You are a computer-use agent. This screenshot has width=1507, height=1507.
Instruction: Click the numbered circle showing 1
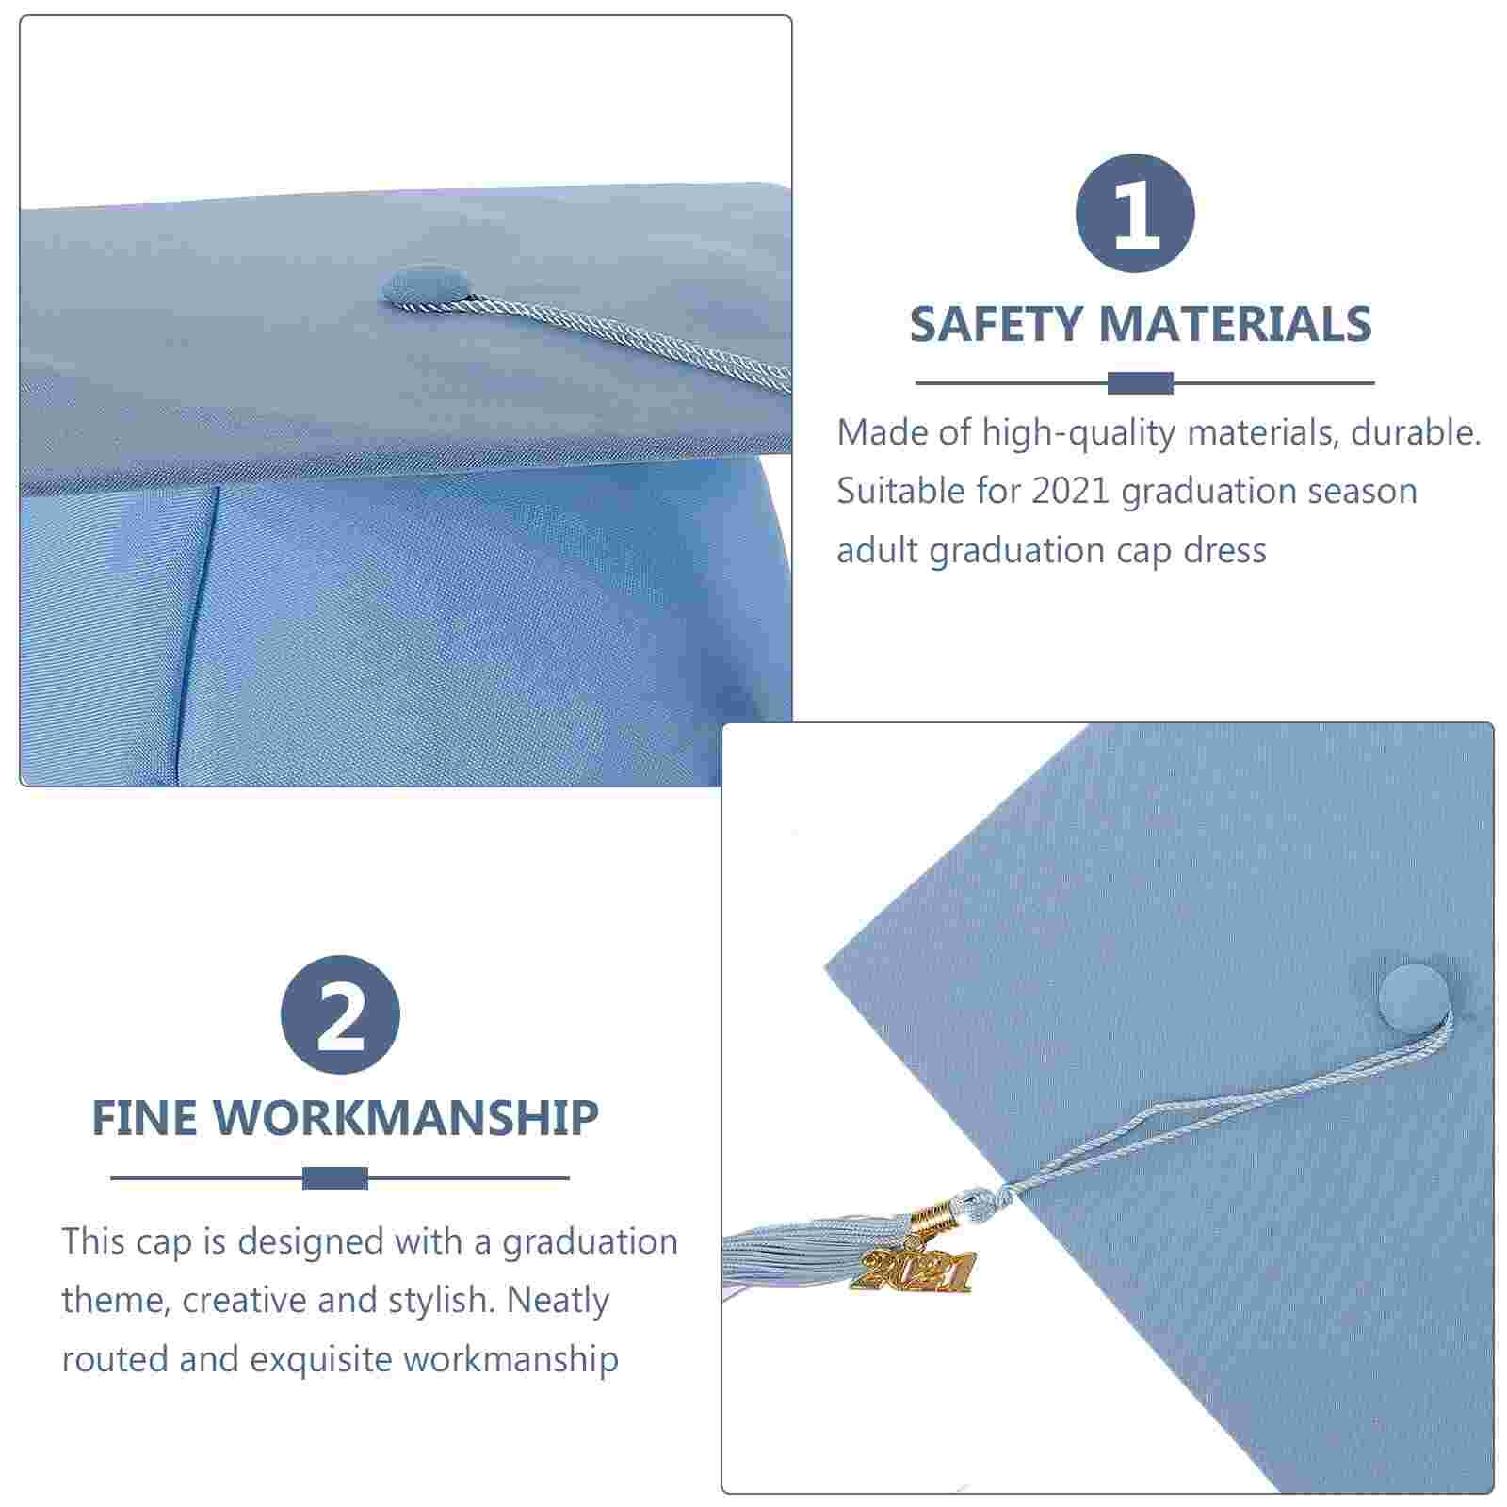click(1135, 213)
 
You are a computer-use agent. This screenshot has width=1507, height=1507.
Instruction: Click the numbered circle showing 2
click(340, 1014)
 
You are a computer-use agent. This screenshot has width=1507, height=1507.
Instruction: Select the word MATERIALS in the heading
click(1235, 325)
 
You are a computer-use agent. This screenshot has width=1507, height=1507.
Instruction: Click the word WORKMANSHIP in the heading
click(406, 1119)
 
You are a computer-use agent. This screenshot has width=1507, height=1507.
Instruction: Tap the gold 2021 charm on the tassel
click(912, 1272)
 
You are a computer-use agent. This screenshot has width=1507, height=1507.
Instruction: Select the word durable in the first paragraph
click(1416, 433)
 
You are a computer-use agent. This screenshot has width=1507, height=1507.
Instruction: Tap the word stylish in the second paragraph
click(440, 1301)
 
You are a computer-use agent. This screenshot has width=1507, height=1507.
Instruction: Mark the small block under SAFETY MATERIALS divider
click(1140, 383)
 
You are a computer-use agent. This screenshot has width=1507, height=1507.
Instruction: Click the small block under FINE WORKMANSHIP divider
click(335, 1177)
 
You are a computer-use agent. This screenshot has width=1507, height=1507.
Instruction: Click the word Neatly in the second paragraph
click(558, 1301)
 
